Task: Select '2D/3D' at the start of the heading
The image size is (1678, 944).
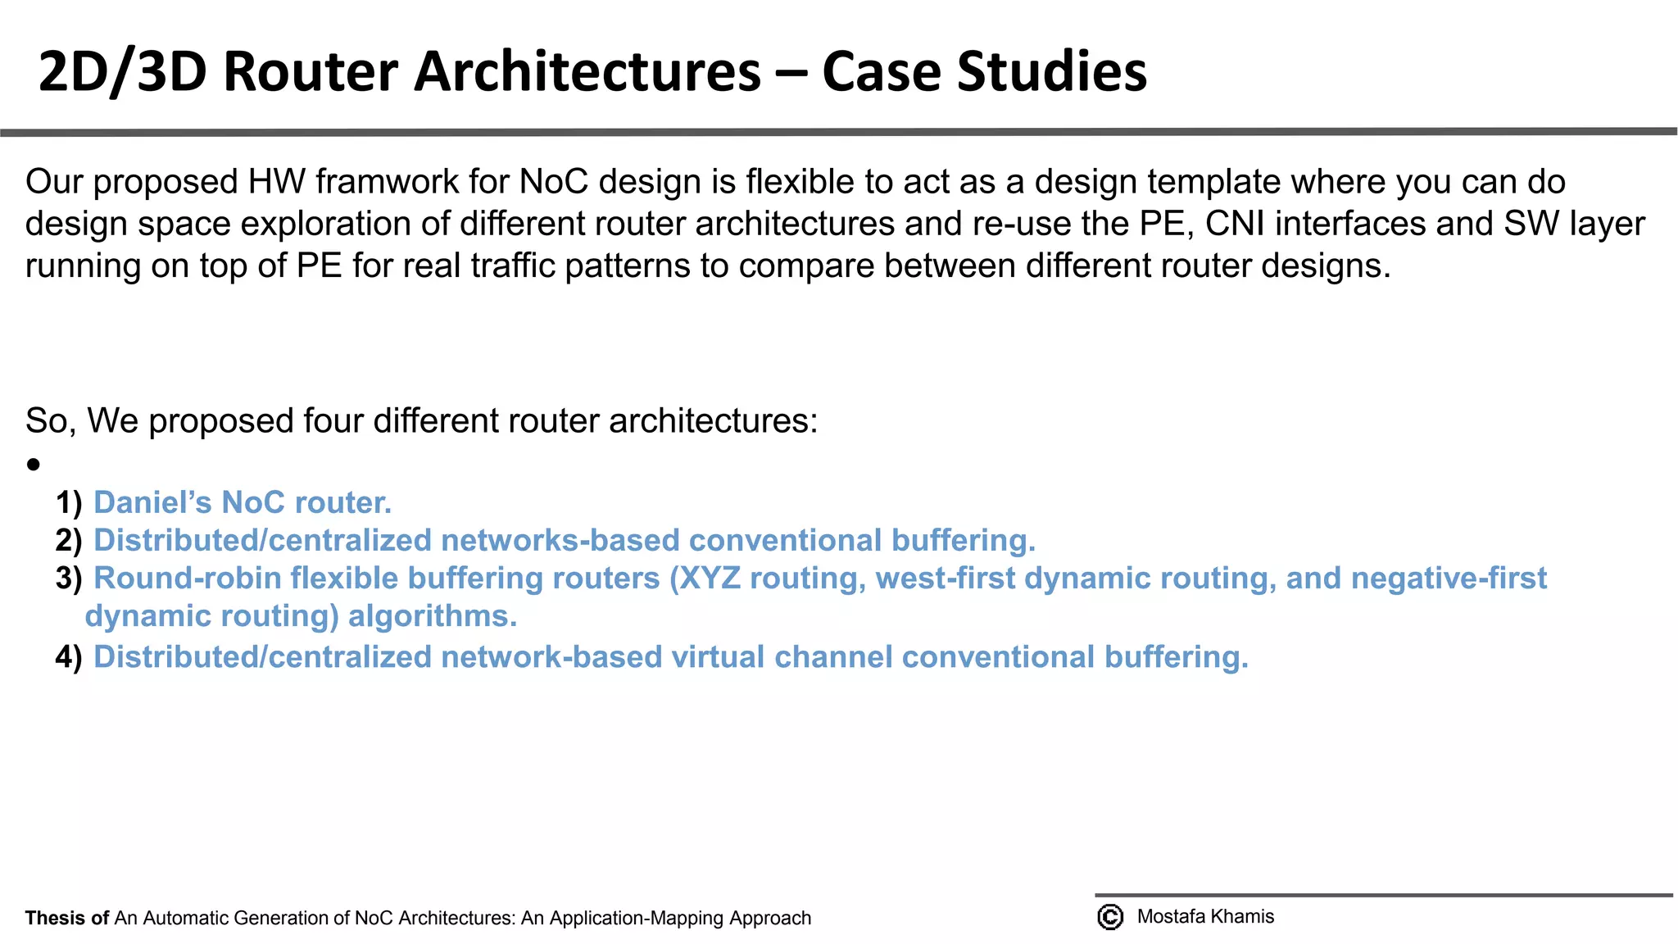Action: pos(121,72)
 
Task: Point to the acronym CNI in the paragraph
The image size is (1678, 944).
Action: pos(1235,224)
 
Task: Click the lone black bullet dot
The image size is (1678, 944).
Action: pos(33,465)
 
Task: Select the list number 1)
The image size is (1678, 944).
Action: pos(69,502)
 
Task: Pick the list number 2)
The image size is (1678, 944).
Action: pos(69,540)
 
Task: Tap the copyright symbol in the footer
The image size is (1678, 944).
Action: pos(1110,917)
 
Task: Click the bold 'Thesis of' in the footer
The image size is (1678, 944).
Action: pos(67,918)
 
